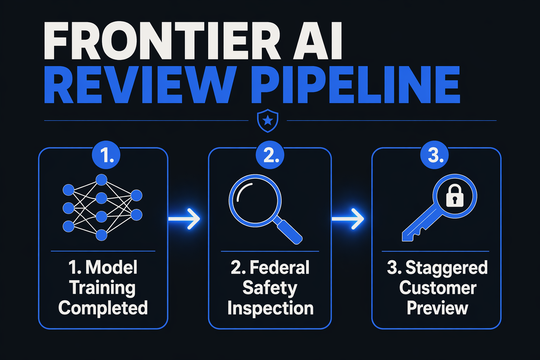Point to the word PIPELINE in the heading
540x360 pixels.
356,85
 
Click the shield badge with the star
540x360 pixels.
268,121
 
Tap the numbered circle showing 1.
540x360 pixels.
106,155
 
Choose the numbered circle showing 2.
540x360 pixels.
270,155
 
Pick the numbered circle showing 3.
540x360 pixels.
435,155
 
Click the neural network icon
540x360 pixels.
102,207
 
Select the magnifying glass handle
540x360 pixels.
288,230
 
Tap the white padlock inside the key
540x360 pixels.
455,195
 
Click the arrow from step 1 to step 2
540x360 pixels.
184,219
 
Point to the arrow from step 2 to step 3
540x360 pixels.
348,219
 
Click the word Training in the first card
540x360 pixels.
102,288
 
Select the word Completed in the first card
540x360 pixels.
103,308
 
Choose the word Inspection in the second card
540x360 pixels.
270,308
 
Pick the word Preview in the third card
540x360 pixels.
437,308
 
